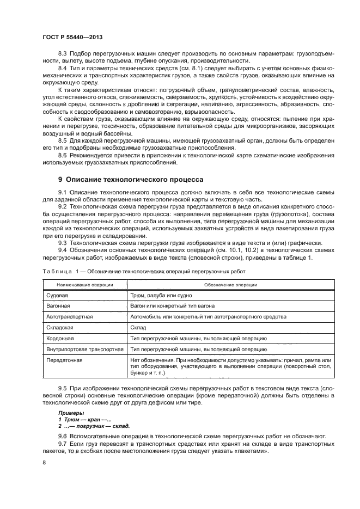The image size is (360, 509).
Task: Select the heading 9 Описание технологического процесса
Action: [x=131, y=179]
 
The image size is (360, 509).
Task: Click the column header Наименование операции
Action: [x=83, y=285]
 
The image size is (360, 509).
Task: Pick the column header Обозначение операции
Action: [x=230, y=285]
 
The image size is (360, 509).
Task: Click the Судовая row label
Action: [x=57, y=295]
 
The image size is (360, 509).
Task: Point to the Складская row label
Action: [x=60, y=328]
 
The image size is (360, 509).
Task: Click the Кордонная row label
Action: [x=60, y=339]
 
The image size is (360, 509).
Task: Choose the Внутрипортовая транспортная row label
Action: [x=83, y=349]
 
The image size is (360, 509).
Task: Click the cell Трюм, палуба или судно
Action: [x=161, y=295]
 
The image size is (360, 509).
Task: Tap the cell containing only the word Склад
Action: [x=138, y=328]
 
